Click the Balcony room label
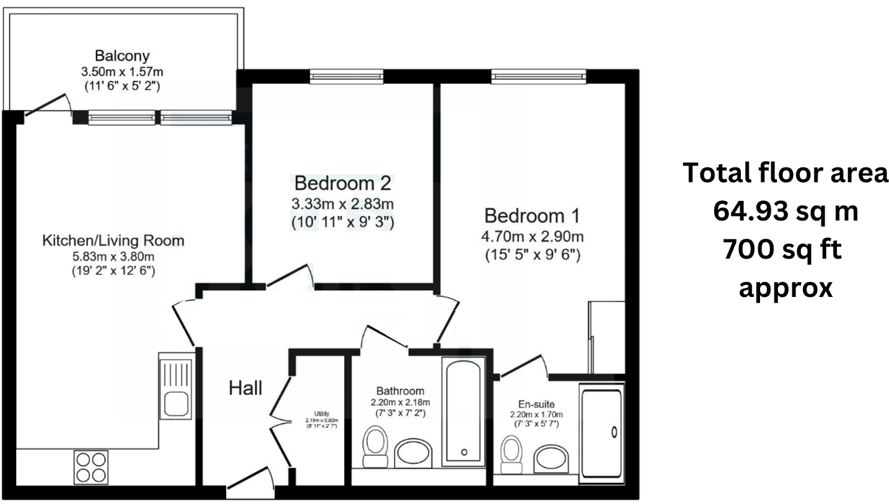pyautogui.click(x=122, y=56)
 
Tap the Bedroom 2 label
pyautogui.click(x=343, y=183)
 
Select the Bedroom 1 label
pyautogui.click(x=532, y=216)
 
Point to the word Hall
pyautogui.click(x=245, y=389)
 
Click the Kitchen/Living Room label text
pyautogui.click(x=113, y=241)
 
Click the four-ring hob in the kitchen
pyautogui.click(x=90, y=467)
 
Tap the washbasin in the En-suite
pyautogui.click(x=550, y=458)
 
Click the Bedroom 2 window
pyautogui.click(x=347, y=76)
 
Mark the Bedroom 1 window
pyautogui.click(x=538, y=76)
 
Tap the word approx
pyautogui.click(x=785, y=288)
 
